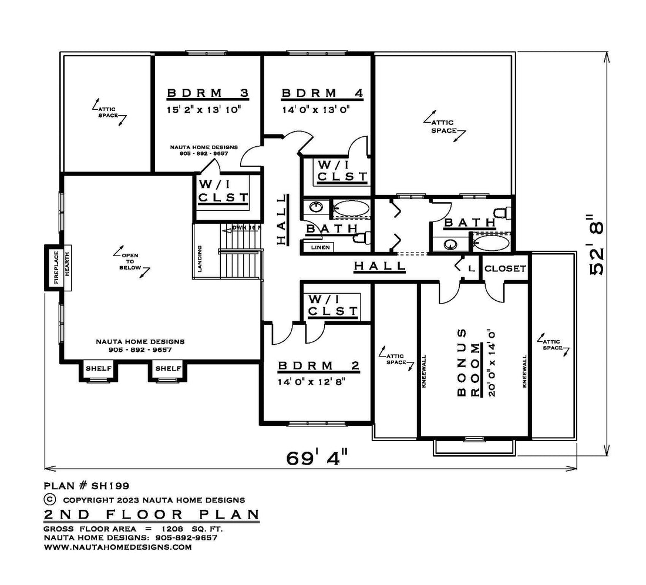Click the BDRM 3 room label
tap(208, 93)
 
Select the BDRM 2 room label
tap(318, 365)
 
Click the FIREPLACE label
tap(56, 268)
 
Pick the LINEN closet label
tap(320, 247)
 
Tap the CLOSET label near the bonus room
tap(505, 268)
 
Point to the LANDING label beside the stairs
tap(200, 258)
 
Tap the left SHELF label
tap(99, 368)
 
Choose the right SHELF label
tap(168, 368)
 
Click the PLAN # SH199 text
tap(86, 486)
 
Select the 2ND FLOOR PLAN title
tap(152, 514)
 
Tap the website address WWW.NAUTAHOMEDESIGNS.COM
tap(118, 547)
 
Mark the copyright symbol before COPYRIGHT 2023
tap(49, 499)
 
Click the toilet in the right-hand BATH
tap(502, 213)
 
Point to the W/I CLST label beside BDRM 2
tap(333, 305)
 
